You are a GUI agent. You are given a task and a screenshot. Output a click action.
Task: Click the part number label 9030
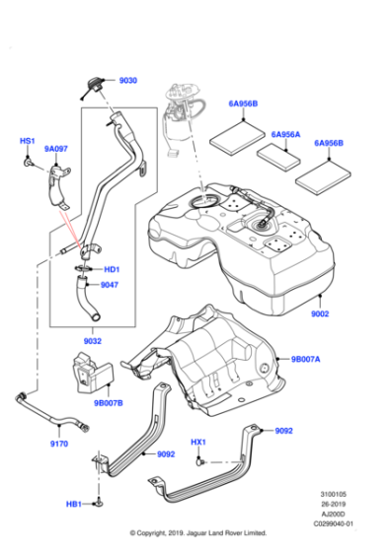(x=129, y=82)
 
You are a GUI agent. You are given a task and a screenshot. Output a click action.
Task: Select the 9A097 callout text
(x=57, y=150)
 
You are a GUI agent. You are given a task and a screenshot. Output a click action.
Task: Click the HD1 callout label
(x=112, y=269)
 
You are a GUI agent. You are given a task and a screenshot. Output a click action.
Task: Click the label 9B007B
(x=110, y=402)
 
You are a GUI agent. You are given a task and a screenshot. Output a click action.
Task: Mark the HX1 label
(x=198, y=442)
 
